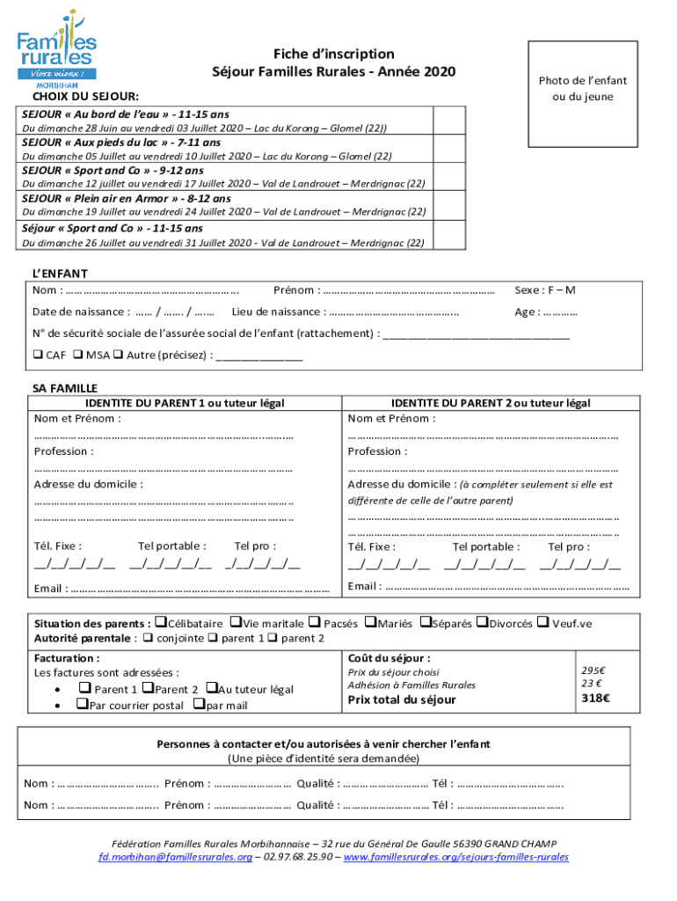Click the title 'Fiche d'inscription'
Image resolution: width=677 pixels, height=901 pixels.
click(x=333, y=54)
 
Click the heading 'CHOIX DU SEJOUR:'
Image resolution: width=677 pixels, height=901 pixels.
click(x=84, y=96)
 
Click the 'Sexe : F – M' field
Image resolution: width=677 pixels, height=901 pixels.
click(x=544, y=290)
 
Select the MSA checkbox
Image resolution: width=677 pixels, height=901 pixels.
click(x=78, y=355)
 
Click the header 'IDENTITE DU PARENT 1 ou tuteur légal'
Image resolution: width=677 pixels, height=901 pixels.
click(x=159, y=403)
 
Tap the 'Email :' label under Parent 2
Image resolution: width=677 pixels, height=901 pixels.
click(x=365, y=587)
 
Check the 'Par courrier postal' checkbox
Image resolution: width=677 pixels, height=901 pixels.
click(x=82, y=705)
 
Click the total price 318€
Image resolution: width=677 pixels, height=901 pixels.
click(x=595, y=700)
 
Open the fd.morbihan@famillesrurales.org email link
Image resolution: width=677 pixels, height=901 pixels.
click(x=175, y=856)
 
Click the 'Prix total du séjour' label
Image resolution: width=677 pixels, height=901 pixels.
click(x=402, y=700)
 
